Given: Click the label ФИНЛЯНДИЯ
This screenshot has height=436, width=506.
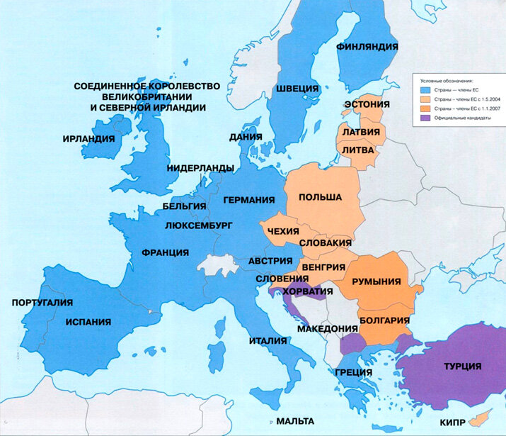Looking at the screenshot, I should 367,46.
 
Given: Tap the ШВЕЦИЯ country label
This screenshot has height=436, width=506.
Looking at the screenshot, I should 297,89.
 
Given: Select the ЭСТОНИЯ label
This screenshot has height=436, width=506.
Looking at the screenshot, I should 366,104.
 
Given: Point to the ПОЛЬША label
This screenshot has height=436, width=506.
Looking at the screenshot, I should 320,196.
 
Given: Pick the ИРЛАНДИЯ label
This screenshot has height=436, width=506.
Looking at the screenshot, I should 88,138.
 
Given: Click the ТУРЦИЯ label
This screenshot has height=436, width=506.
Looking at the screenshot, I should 462,366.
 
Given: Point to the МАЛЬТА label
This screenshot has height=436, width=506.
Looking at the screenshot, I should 295,420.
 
